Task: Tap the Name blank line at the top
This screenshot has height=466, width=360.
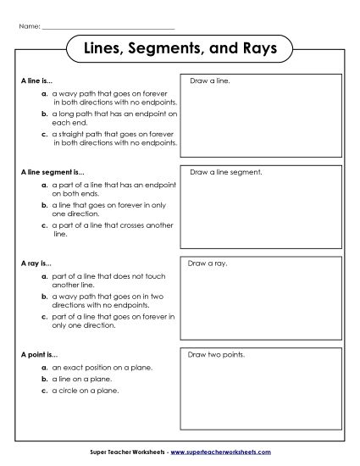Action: (x=108, y=27)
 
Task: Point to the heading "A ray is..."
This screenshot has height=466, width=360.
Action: (x=36, y=264)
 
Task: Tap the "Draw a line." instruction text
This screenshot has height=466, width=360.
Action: (x=210, y=81)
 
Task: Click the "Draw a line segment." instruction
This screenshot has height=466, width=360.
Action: (x=226, y=172)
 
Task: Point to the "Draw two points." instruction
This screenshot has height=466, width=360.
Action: (x=218, y=354)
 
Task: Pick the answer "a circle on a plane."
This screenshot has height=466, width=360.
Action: (x=84, y=391)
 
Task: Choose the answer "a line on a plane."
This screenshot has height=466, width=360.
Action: (x=81, y=380)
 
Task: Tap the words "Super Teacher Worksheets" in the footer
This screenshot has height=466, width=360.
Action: (x=127, y=453)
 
